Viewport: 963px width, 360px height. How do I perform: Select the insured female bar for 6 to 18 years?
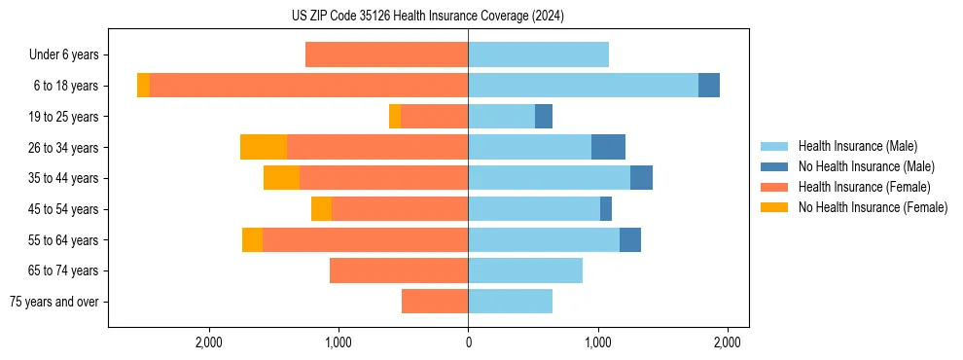tap(308, 86)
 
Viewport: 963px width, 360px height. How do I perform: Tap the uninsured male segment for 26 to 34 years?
tap(608, 147)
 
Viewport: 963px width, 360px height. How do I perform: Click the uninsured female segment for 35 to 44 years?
tap(281, 178)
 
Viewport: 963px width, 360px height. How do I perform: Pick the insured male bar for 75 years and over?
tap(510, 302)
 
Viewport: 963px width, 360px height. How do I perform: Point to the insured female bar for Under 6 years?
tap(386, 54)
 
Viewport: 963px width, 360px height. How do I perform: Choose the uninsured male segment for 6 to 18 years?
tap(709, 86)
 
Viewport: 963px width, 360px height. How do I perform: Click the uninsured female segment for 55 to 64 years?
tap(252, 240)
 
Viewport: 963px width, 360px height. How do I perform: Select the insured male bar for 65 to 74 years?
tap(525, 270)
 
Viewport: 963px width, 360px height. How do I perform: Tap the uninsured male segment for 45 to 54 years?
tap(606, 209)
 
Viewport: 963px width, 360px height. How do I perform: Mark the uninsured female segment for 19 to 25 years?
tap(395, 117)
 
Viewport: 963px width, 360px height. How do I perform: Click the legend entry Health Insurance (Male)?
tap(857, 146)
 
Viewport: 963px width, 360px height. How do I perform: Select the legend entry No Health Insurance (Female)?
tap(873, 207)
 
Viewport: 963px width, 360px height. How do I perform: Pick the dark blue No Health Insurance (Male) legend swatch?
tap(774, 166)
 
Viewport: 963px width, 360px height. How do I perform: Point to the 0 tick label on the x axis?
tap(468, 342)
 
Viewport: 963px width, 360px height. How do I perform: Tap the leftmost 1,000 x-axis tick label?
tap(339, 342)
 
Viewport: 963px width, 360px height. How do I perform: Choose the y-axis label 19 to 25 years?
tap(63, 117)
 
